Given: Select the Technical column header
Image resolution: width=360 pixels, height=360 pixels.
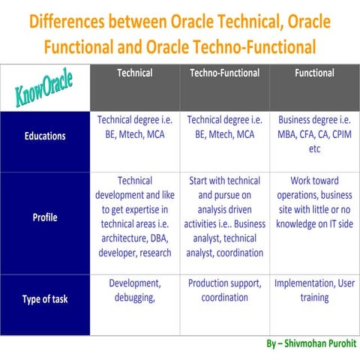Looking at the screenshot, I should point(135,73).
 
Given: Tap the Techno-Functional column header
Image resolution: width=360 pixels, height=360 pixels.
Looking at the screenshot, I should point(224,73).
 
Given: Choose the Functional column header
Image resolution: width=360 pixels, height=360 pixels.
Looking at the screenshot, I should point(314,73).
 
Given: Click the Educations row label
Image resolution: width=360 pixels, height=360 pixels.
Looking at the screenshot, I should point(44,136).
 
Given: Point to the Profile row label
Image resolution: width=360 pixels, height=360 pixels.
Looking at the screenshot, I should point(44,218).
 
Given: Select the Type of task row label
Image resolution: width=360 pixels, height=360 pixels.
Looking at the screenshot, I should point(44,298).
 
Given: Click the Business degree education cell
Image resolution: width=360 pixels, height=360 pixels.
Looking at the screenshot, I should point(314,134).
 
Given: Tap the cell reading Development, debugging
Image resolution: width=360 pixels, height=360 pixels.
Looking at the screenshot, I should point(135,291).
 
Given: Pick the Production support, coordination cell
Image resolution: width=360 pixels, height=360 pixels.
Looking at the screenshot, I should point(224,291).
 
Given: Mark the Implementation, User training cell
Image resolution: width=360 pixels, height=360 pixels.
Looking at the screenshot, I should point(314,291).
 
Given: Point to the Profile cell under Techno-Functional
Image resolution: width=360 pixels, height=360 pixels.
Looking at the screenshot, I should point(224,217).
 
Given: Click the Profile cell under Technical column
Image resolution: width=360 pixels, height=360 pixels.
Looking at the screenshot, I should point(135,217).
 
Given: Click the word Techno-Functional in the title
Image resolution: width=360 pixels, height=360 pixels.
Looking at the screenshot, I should point(253,46).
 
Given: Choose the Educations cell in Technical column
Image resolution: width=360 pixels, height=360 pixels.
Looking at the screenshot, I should point(135,127).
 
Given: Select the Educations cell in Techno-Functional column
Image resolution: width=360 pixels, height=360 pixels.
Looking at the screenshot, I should point(224,127).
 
